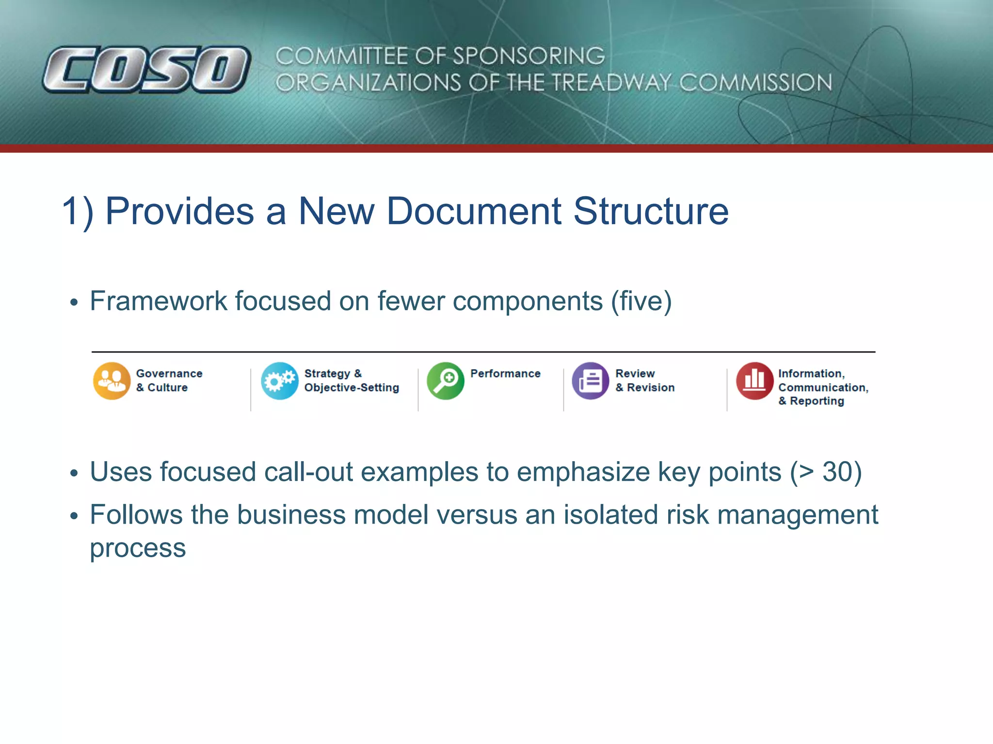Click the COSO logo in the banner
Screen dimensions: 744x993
[x=146, y=69]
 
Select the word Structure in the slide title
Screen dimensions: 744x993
[x=651, y=211]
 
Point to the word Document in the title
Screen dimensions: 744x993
[x=473, y=211]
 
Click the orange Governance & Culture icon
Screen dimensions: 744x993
[x=112, y=381]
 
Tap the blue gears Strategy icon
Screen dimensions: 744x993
[x=279, y=381]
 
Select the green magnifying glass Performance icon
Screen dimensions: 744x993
[x=445, y=381]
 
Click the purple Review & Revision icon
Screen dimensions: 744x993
[x=590, y=381]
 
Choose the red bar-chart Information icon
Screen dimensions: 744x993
[x=754, y=381]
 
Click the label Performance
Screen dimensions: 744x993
[x=505, y=373]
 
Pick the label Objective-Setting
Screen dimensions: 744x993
[x=352, y=387]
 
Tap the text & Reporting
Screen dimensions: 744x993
[x=811, y=401]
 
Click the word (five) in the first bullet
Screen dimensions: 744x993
[x=641, y=301]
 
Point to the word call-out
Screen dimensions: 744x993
[x=308, y=472]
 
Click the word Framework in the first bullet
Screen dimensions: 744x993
[x=158, y=301]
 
